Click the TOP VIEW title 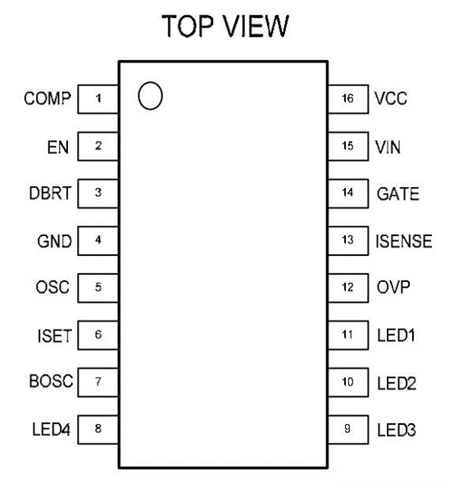(225, 26)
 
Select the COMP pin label (48, 98)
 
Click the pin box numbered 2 (98, 146)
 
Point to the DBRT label (50, 193)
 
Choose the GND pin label (55, 241)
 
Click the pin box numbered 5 (98, 288)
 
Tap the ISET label (55, 335)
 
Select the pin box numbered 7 (98, 382)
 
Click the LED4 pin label (51, 429)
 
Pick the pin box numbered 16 (348, 99)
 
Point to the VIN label (388, 147)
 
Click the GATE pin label (398, 194)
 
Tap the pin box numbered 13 (348, 240)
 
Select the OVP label (393, 287)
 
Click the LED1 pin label (396, 335)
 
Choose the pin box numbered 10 (348, 382)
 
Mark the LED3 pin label (397, 430)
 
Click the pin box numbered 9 (348, 430)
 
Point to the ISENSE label (404, 241)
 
